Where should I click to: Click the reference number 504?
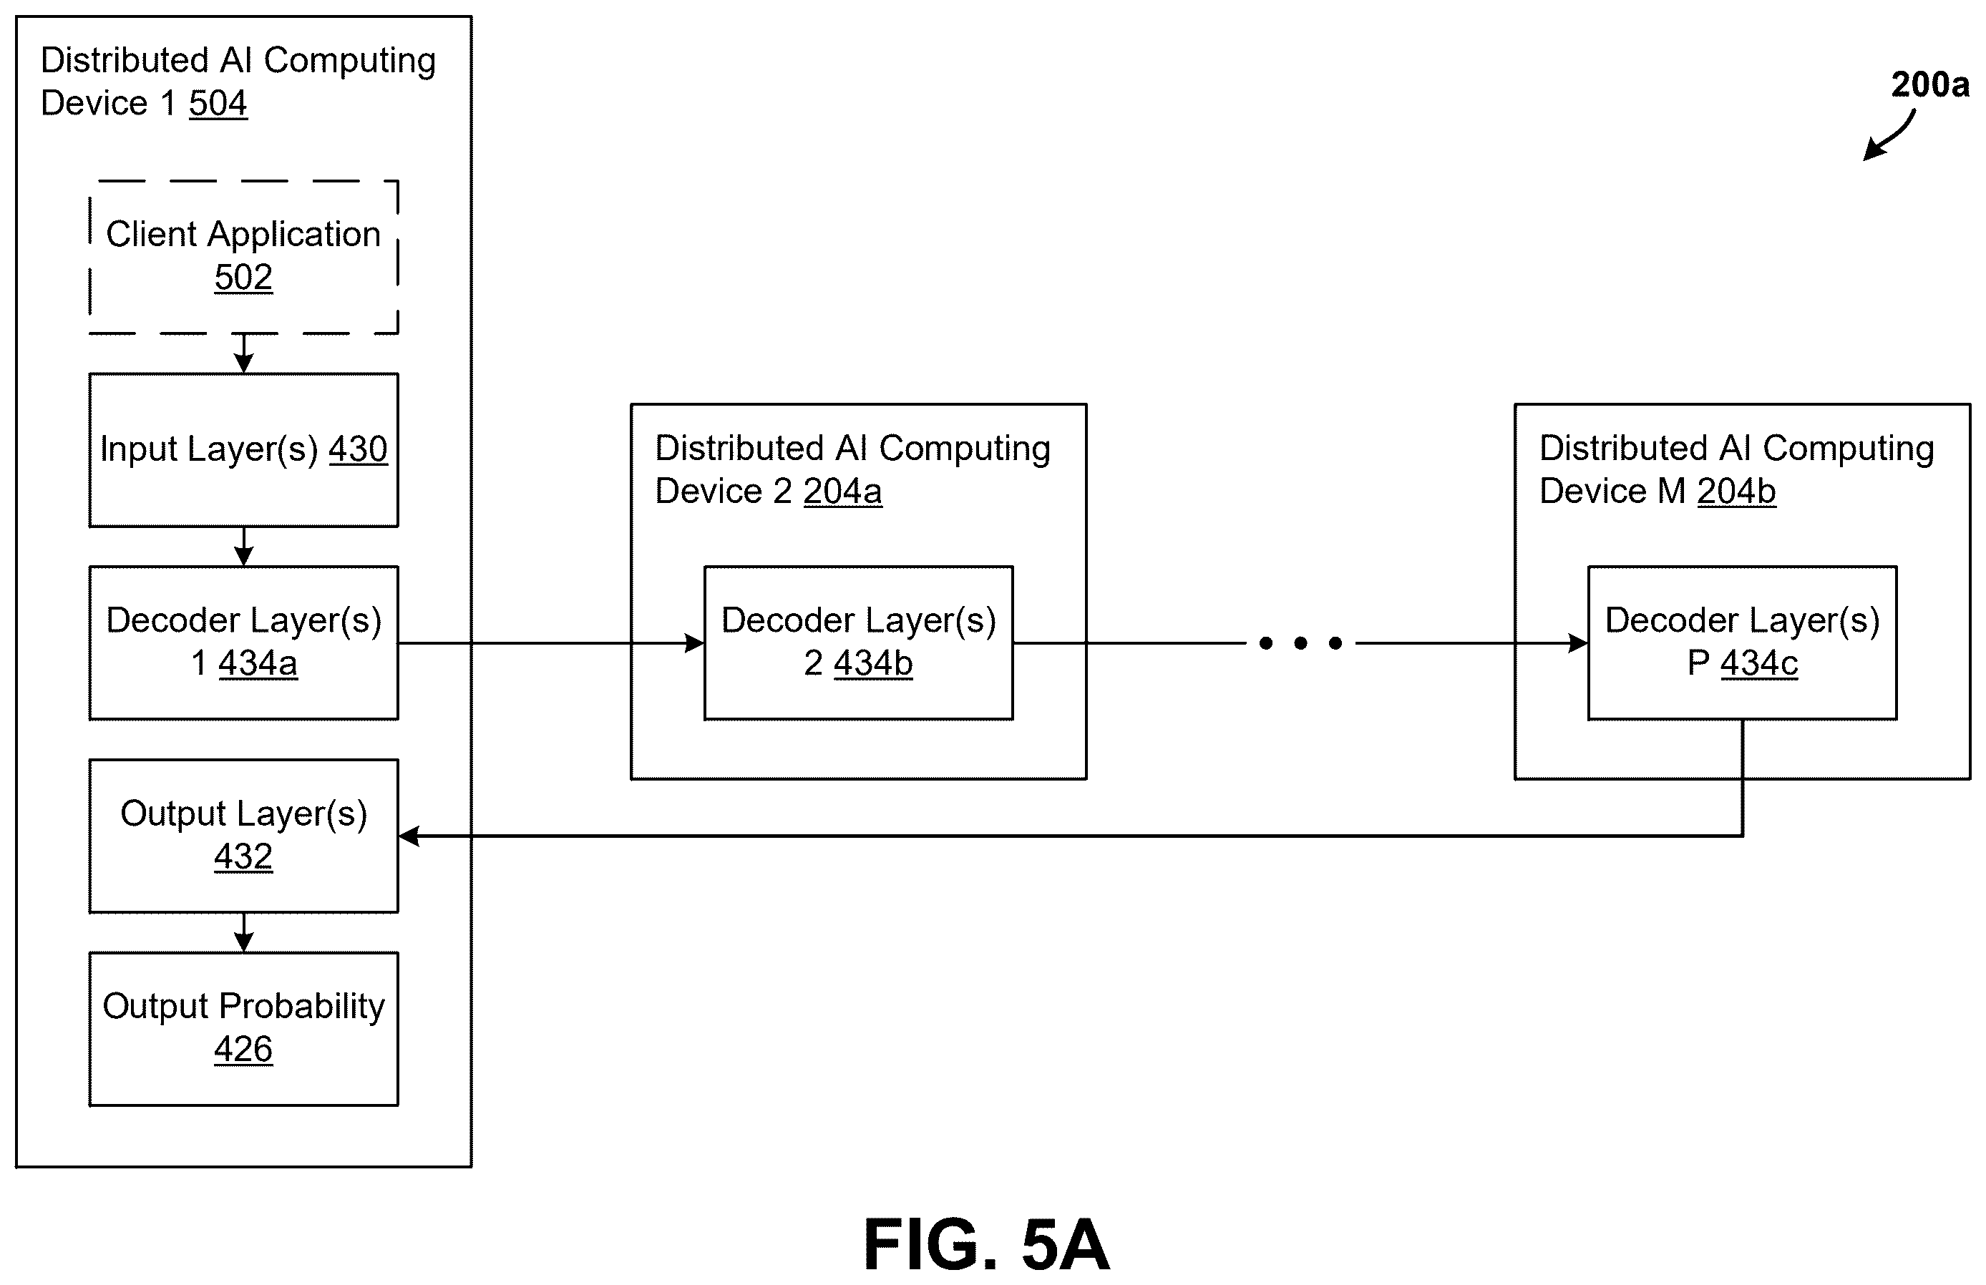(218, 104)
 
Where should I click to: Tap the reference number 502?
(243, 277)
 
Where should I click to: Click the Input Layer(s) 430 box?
(243, 450)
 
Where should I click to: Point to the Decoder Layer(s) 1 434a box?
(243, 643)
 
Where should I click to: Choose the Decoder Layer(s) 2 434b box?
(859, 643)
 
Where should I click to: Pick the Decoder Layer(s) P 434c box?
(1743, 643)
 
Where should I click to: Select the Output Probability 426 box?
(243, 1029)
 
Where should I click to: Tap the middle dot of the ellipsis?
(1300, 643)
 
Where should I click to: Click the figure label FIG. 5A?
(986, 1244)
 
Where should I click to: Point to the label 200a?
(1930, 84)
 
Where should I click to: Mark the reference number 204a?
(843, 492)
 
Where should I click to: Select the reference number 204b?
(1736, 492)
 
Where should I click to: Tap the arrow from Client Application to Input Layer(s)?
(243, 353)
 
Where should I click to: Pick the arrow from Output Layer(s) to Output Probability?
(243, 933)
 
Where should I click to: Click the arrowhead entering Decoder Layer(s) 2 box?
(694, 643)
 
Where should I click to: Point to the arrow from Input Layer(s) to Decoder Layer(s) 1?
(243, 547)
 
